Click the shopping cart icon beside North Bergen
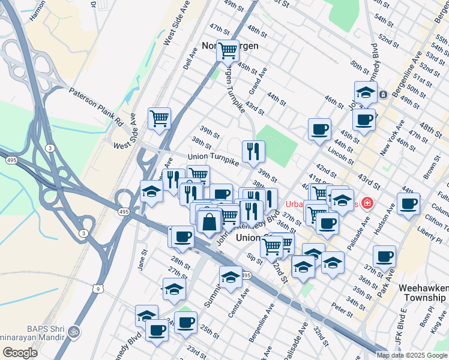(228, 50)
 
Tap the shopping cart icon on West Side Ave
(159, 118)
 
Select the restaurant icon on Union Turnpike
(253, 151)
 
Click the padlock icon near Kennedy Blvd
(382, 94)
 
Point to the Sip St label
(255, 259)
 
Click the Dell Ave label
(190, 59)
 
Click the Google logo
(20, 352)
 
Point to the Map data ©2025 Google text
(411, 355)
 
